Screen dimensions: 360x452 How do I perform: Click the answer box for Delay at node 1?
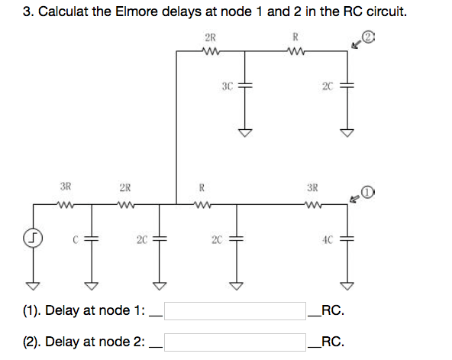tap(235, 310)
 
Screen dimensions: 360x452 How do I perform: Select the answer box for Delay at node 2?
tap(235, 341)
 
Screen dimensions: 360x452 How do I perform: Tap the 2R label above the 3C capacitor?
tap(210, 37)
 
